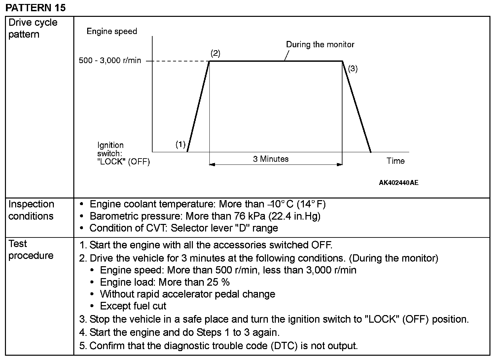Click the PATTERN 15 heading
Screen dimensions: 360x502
(36, 7)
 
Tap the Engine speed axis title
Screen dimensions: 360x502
(112, 31)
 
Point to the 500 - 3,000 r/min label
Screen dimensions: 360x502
(110, 61)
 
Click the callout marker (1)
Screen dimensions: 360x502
(180, 144)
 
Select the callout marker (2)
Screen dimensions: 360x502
(215, 53)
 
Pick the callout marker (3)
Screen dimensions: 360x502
(353, 69)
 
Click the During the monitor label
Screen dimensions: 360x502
(320, 45)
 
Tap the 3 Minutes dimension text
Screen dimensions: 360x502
(271, 159)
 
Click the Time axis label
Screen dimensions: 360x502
(396, 161)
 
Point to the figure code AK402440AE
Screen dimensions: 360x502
(398, 183)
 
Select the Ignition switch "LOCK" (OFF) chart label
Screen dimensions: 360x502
(124, 154)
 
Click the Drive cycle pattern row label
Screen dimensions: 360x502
(33, 28)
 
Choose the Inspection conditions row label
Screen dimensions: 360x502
(31, 210)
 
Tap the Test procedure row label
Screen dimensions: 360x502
(31, 250)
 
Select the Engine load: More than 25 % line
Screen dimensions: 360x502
(165, 282)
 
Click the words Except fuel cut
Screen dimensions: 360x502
(133, 306)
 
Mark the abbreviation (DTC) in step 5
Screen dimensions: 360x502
(285, 346)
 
